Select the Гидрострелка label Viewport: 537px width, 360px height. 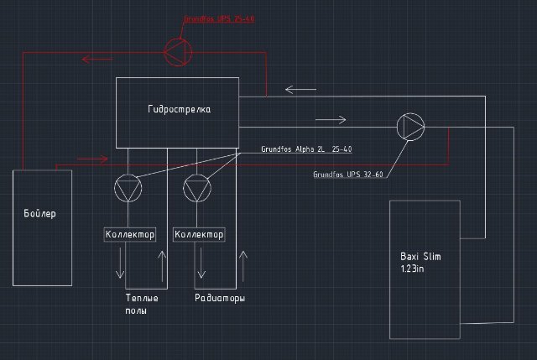(x=179, y=109)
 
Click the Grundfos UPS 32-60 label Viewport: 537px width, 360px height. (x=347, y=175)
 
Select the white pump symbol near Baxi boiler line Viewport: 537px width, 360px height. (x=411, y=127)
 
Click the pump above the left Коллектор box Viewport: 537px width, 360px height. (x=128, y=187)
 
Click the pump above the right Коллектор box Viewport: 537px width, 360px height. (x=198, y=187)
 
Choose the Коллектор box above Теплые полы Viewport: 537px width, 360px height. (x=129, y=234)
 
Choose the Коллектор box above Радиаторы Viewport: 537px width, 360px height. (x=199, y=234)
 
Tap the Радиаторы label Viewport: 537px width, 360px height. (x=220, y=298)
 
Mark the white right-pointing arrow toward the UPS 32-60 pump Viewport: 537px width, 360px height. (x=331, y=119)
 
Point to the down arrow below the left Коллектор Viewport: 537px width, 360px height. (x=122, y=264)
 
